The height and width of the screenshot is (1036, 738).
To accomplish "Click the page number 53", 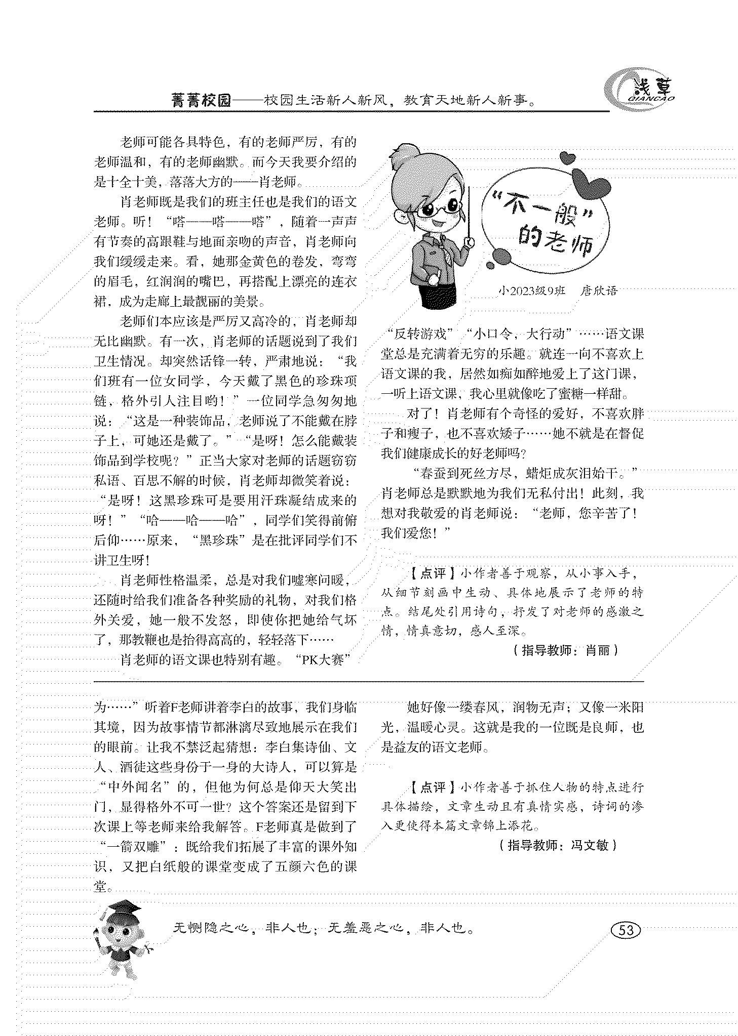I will pyautogui.click(x=626, y=930).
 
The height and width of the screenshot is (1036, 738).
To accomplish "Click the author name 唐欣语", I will pyautogui.click(x=600, y=291).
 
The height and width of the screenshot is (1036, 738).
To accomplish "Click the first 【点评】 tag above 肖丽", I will pyautogui.click(x=428, y=573).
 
